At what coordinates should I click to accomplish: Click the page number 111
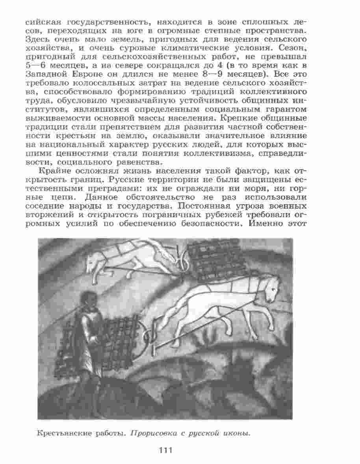(165, 450)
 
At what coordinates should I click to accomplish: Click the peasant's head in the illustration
(87, 297)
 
